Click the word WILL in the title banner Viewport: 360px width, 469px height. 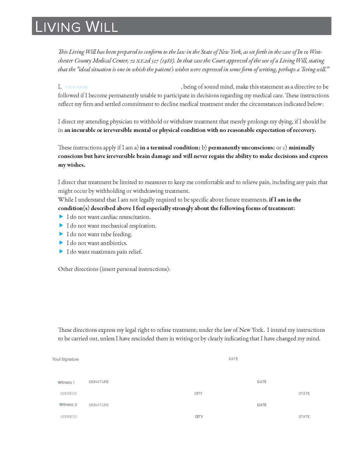101,27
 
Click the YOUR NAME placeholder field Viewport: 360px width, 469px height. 77,87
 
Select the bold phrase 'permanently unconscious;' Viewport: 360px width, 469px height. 241,148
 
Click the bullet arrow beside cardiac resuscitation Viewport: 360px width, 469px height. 61,217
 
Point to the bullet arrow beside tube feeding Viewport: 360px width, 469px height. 61,234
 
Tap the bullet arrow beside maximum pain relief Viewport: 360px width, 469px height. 61,252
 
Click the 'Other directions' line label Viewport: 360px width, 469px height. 114,269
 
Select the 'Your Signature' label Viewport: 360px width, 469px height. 65,359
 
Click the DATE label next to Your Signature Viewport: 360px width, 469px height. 233,359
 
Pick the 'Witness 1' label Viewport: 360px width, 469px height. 66,382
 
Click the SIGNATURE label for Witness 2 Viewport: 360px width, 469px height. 99,405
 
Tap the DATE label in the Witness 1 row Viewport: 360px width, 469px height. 262,382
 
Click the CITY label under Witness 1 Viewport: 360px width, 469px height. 199,394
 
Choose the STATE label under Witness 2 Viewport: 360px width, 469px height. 304,416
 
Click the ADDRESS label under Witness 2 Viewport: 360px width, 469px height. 69,416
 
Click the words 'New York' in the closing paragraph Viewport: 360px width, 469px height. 251,330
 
